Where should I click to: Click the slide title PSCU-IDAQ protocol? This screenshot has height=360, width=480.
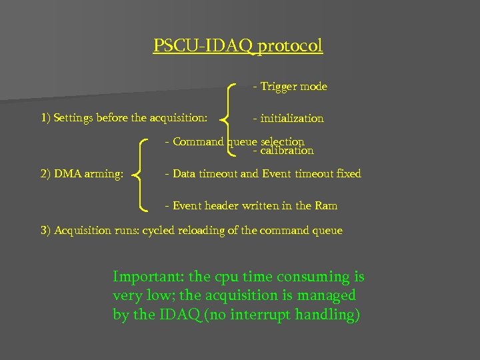(x=238, y=46)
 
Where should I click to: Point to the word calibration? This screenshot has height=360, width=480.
(x=287, y=151)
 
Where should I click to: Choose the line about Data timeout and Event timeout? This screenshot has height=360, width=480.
(x=266, y=174)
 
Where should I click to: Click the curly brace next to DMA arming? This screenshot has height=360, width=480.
(x=141, y=173)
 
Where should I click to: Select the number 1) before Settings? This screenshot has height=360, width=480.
(x=45, y=119)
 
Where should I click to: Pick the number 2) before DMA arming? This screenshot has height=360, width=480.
(x=45, y=174)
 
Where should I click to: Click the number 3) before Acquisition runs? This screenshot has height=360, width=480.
(x=45, y=231)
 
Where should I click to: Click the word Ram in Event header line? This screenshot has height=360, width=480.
(x=326, y=206)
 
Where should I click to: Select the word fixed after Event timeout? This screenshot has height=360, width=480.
(x=348, y=174)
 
